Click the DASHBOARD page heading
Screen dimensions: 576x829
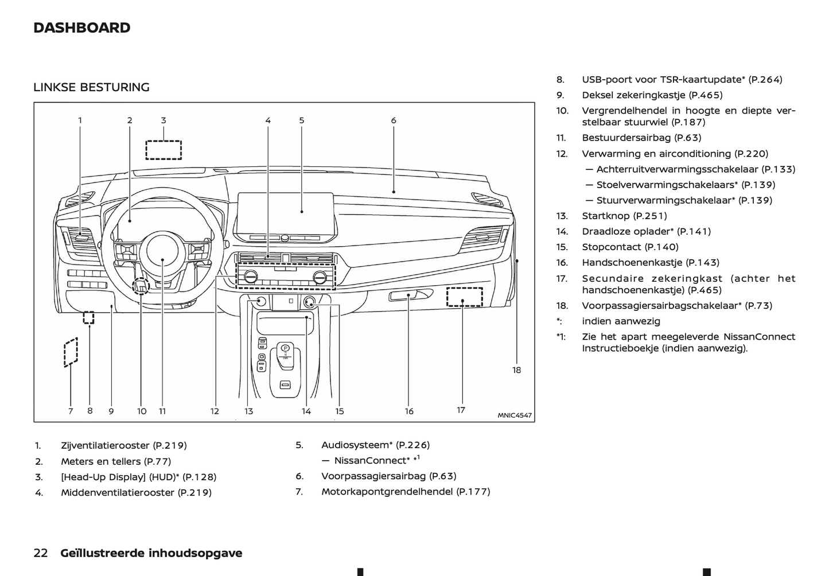tap(82, 28)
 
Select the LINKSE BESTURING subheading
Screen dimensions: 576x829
tap(91, 87)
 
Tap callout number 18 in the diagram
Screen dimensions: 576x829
tap(516, 370)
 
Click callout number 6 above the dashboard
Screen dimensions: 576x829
tap(394, 120)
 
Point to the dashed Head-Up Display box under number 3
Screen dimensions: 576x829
tap(164, 150)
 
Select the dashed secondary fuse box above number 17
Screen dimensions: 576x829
tap(464, 297)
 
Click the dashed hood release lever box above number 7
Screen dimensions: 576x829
tap(71, 351)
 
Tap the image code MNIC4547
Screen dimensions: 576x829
tap(514, 415)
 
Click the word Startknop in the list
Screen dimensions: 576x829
tap(606, 216)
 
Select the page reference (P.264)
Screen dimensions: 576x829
tap(766, 80)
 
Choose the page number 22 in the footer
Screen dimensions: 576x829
tap(41, 553)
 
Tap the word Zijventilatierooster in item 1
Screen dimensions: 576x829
tap(106, 445)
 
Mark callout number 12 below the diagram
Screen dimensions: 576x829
tap(215, 411)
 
